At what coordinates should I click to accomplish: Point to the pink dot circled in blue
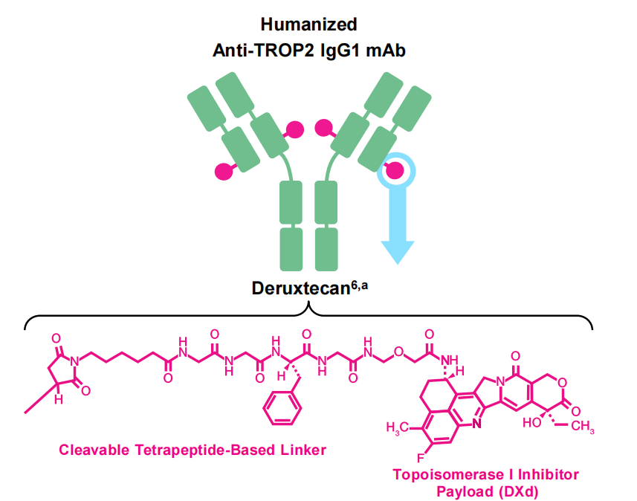click(395, 171)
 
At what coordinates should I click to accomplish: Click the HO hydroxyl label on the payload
click(533, 421)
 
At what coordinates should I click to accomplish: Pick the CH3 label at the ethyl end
click(583, 427)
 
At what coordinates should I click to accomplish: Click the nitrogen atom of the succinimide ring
click(73, 363)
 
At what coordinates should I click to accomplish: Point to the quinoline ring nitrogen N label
click(475, 425)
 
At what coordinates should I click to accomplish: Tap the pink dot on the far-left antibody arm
click(222, 172)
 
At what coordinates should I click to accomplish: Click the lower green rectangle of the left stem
click(291, 249)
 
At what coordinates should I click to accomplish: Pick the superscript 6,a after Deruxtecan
click(360, 283)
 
